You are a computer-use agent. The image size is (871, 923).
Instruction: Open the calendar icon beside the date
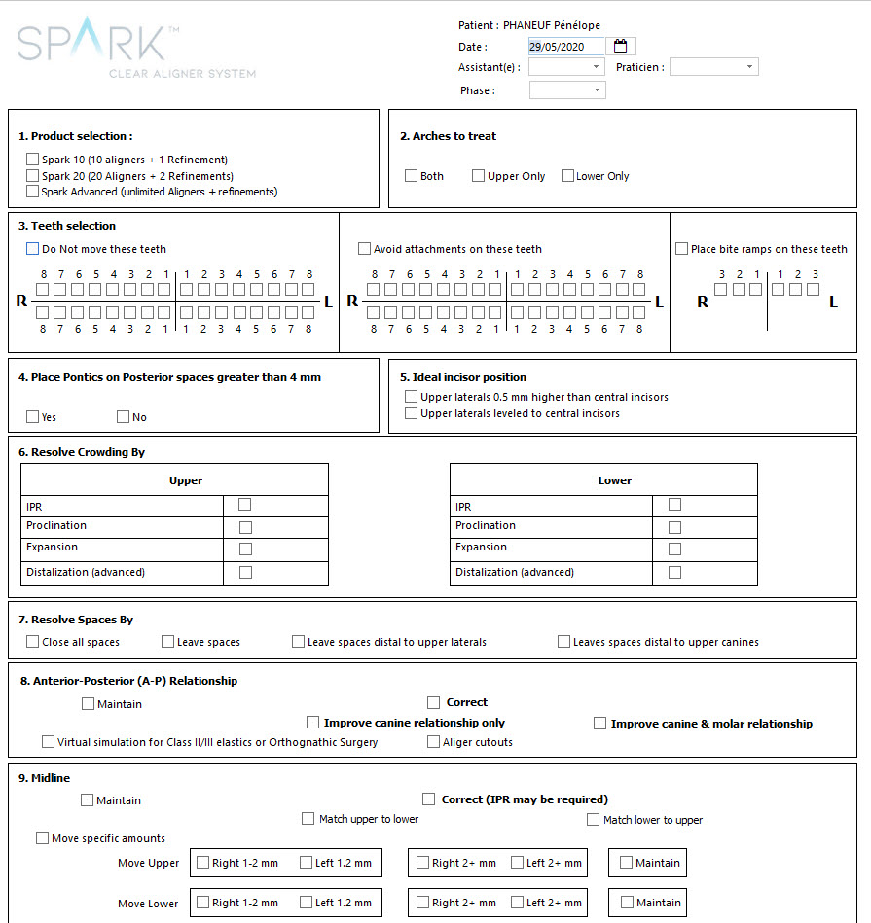pyautogui.click(x=621, y=46)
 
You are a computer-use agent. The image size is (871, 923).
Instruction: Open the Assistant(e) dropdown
pyautogui.click(x=567, y=67)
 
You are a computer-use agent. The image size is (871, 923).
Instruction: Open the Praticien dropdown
pyautogui.click(x=713, y=67)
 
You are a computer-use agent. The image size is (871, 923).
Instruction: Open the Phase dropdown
pyautogui.click(x=567, y=90)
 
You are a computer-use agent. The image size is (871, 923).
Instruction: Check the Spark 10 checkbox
pyautogui.click(x=33, y=160)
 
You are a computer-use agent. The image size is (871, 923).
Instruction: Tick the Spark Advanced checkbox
pyautogui.click(x=33, y=192)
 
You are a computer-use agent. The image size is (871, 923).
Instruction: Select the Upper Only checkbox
pyautogui.click(x=478, y=176)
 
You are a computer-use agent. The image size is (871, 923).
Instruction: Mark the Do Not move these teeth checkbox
pyautogui.click(x=33, y=249)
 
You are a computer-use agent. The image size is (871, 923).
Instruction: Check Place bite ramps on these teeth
pyautogui.click(x=681, y=249)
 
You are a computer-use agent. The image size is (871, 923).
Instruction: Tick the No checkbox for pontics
pyautogui.click(x=123, y=417)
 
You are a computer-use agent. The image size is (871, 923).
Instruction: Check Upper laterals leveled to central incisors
pyautogui.click(x=411, y=413)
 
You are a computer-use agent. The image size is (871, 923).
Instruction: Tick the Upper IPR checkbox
pyautogui.click(x=245, y=505)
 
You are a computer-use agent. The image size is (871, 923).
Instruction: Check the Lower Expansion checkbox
pyautogui.click(x=674, y=550)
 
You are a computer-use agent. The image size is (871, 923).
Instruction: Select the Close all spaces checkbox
pyautogui.click(x=33, y=642)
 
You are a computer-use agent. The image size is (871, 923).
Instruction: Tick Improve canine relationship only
pyautogui.click(x=312, y=723)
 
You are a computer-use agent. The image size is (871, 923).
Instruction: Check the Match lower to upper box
pyautogui.click(x=594, y=820)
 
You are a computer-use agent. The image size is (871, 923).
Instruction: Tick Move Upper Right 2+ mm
pyautogui.click(x=422, y=863)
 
